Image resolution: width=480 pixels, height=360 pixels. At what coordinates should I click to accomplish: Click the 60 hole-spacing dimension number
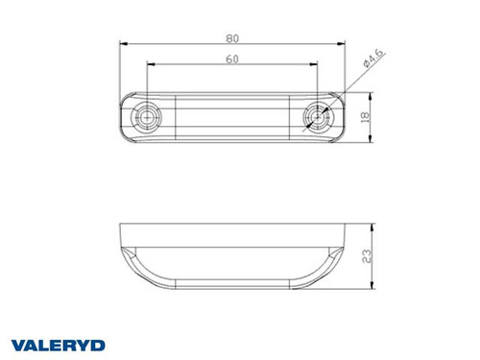click(231, 60)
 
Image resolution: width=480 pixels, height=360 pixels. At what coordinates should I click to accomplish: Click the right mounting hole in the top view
click(315, 117)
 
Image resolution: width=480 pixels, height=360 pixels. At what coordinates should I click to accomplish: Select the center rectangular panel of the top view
click(231, 117)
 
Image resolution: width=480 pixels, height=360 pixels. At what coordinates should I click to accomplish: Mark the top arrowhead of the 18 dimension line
click(372, 95)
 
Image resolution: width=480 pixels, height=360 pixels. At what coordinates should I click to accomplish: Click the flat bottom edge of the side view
click(231, 288)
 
